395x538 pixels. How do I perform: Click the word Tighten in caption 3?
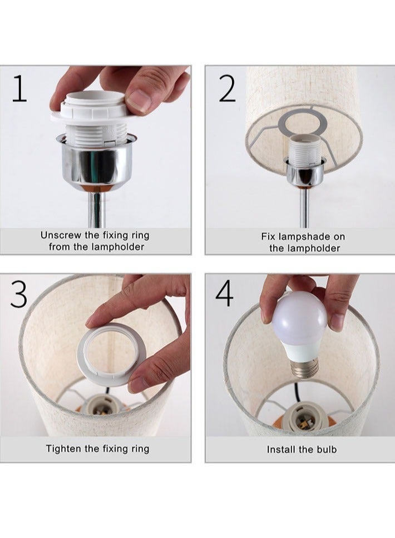[64, 449]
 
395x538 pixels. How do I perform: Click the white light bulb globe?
[300, 317]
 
